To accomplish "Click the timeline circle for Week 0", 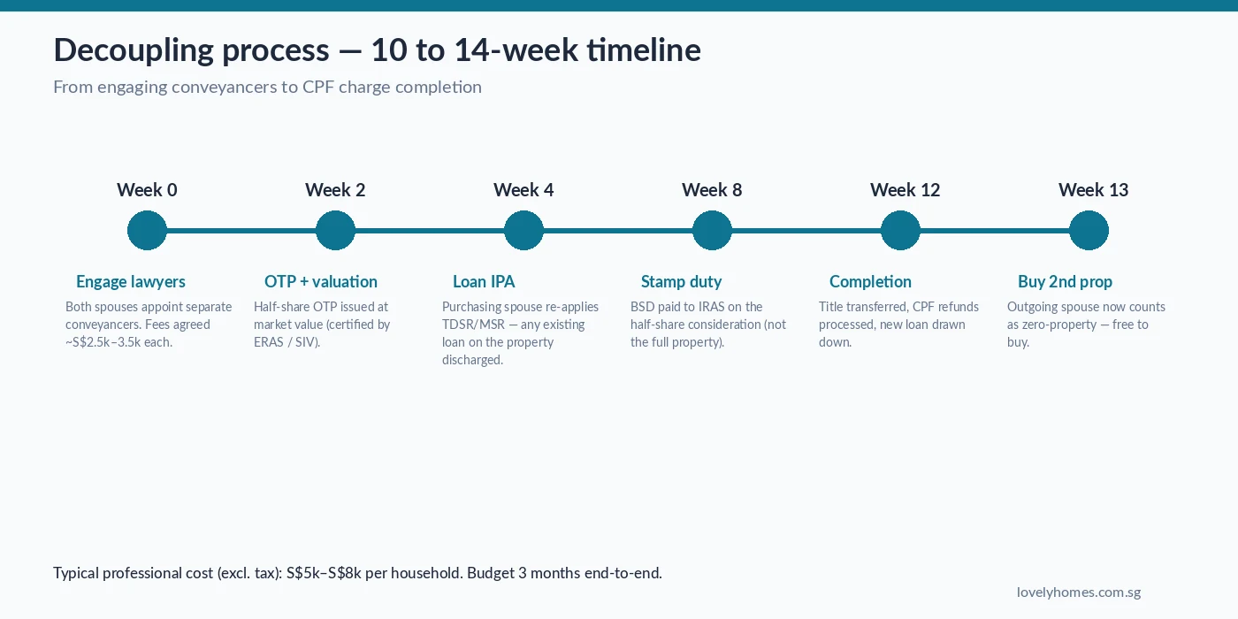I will click(147, 231).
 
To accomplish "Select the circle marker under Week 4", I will click(523, 231).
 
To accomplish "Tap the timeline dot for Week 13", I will click(1089, 231).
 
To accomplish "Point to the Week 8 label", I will click(712, 190).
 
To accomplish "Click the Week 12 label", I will click(905, 190).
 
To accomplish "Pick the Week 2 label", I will click(335, 190).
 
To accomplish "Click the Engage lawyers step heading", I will click(131, 282).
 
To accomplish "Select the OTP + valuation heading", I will click(321, 282).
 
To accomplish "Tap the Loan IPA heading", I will click(484, 282).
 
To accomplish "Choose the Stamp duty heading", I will click(681, 282).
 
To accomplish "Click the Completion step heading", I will click(870, 282).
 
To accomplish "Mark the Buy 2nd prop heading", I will click(1065, 282).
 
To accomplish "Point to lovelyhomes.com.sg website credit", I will click(1078, 592).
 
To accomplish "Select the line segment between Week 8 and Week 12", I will click(806, 231).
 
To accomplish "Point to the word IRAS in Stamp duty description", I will click(707, 307).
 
